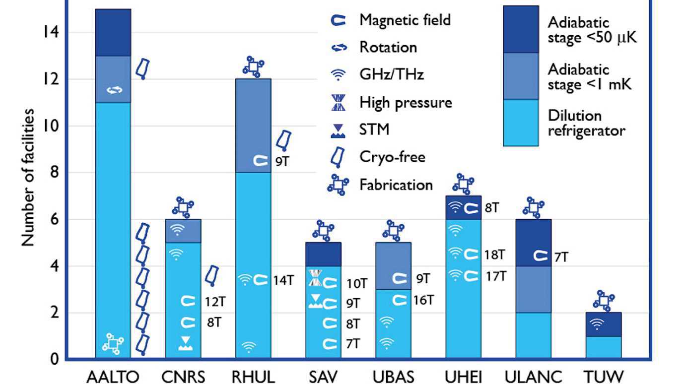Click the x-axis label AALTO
(113, 376)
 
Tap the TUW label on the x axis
(604, 376)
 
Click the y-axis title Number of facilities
(29, 178)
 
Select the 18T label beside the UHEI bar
(495, 255)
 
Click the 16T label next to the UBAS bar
(423, 300)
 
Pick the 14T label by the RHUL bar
(283, 280)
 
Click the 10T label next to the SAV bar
(357, 284)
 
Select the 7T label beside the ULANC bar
(562, 257)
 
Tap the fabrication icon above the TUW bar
(604, 301)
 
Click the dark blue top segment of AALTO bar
(113, 32)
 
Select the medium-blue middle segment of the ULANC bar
(534, 289)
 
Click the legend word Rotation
(388, 47)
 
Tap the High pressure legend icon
(339, 103)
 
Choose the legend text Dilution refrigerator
(586, 123)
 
